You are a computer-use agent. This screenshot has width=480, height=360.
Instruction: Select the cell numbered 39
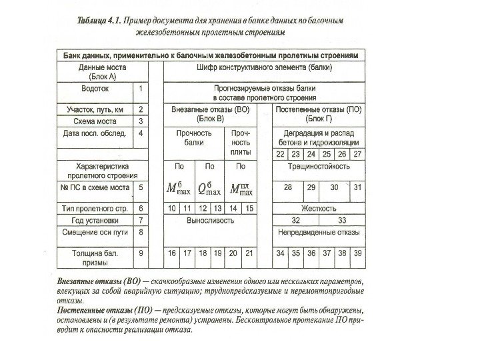(x=357, y=253)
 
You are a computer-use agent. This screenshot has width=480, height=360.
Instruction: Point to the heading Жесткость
(x=319, y=209)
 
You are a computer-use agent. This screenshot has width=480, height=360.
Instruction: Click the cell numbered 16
(x=172, y=253)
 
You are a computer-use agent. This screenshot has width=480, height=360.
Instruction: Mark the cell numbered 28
(x=287, y=188)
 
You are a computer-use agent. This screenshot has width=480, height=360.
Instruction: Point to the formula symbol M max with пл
(x=241, y=189)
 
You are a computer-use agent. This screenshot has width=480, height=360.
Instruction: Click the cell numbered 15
(x=249, y=209)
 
